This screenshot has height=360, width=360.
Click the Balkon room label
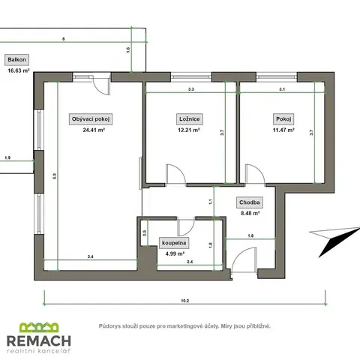tap(16, 60)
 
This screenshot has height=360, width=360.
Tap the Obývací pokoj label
tap(91, 119)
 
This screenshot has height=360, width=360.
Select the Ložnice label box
tap(190, 119)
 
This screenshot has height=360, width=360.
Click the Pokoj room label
tap(283, 119)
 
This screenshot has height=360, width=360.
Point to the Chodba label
tap(250, 202)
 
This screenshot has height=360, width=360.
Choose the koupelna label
tap(174, 243)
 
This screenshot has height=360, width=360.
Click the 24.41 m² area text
tap(94, 130)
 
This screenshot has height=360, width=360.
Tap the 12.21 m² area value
tap(189, 130)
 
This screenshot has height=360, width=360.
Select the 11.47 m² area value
tap(283, 130)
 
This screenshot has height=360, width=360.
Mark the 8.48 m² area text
tap(250, 214)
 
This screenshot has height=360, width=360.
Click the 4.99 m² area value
tap(175, 253)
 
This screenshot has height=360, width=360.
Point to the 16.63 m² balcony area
tap(19, 70)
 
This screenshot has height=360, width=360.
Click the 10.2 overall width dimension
tap(185, 301)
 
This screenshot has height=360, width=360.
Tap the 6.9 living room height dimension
tap(55, 176)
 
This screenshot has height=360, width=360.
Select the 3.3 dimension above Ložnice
tap(191, 89)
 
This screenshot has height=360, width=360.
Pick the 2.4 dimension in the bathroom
tap(190, 262)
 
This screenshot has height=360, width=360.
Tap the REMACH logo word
tap(39, 340)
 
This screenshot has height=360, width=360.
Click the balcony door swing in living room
tap(102, 85)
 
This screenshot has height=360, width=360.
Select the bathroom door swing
tap(186, 227)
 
